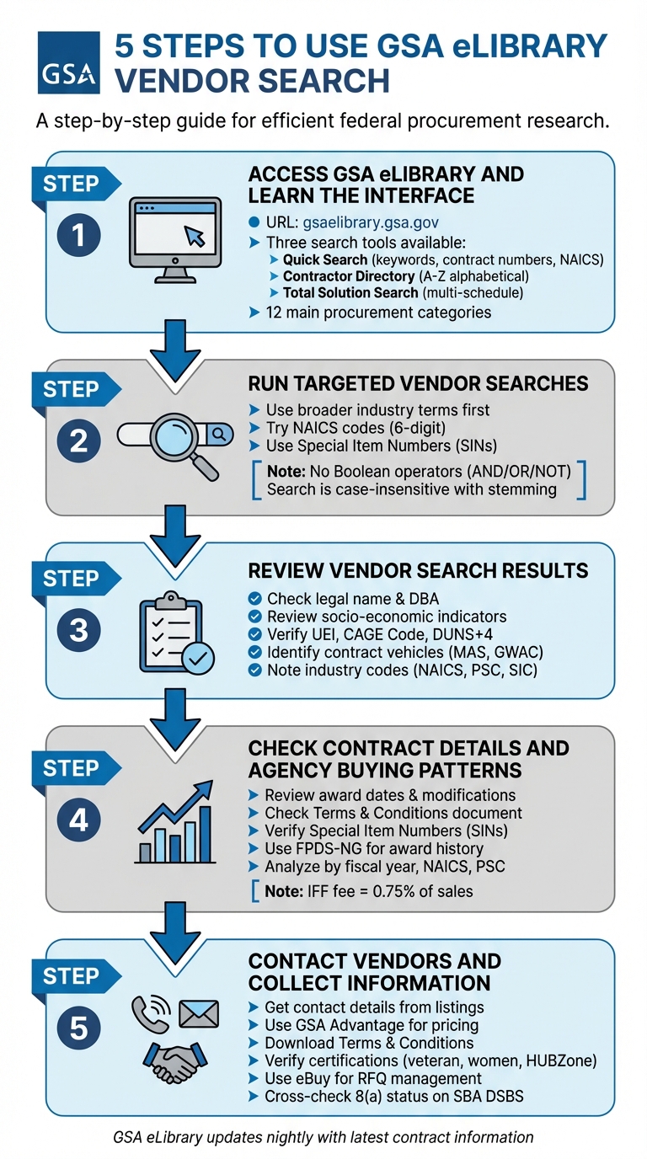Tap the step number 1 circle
pos(78,236)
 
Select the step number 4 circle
pos(78,820)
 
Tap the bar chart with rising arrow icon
pos(175,822)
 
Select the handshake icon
pos(174,1062)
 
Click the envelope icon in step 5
pos(198,1013)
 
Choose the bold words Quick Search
pos(324,260)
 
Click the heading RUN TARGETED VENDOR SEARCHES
pos(418,384)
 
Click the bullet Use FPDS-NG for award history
pos(373,848)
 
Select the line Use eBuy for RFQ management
pos(372,1078)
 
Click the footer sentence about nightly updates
pos(323,1137)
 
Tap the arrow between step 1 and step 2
pos(177,352)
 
